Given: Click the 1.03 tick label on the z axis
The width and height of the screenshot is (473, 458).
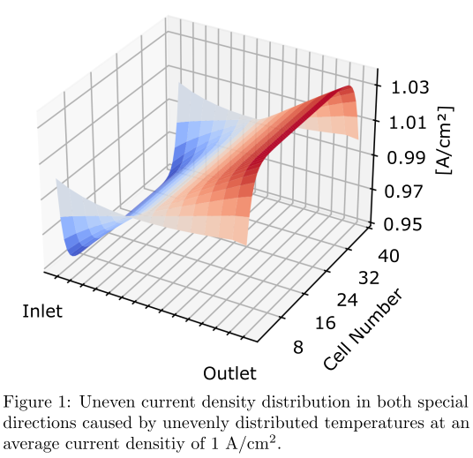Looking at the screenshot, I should tap(405, 87).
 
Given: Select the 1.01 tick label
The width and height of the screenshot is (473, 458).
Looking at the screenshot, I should tap(405, 122).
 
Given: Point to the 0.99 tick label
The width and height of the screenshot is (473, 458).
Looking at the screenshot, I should tap(405, 156).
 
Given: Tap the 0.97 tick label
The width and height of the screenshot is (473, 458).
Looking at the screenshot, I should tap(405, 190).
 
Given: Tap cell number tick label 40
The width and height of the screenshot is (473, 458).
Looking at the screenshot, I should tap(389, 256).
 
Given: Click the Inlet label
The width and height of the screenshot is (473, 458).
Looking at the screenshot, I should tap(42, 312).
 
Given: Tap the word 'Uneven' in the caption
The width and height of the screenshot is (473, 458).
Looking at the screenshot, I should tap(106, 402).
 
